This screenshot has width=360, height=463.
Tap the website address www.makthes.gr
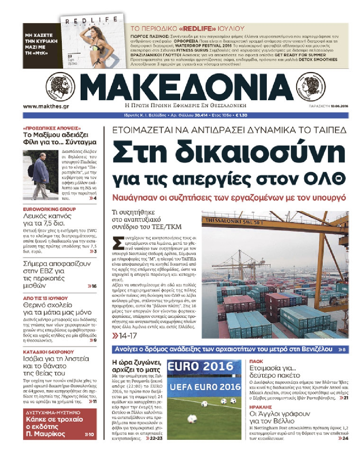tap(46, 106)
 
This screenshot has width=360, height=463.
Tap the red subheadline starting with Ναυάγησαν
tap(229, 197)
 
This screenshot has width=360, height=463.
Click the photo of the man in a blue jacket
tap(41, 175)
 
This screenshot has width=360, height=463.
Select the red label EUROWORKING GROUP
tap(49, 209)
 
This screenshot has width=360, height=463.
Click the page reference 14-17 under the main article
tap(125, 336)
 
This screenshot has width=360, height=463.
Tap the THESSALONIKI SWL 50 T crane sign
tap(234, 221)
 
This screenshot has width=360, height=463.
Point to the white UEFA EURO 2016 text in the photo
tap(205, 387)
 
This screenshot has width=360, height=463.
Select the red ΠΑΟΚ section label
tap(256, 361)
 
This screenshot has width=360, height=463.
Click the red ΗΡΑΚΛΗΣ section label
tap(260, 407)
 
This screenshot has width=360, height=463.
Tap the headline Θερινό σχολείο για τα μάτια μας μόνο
tap(57, 309)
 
